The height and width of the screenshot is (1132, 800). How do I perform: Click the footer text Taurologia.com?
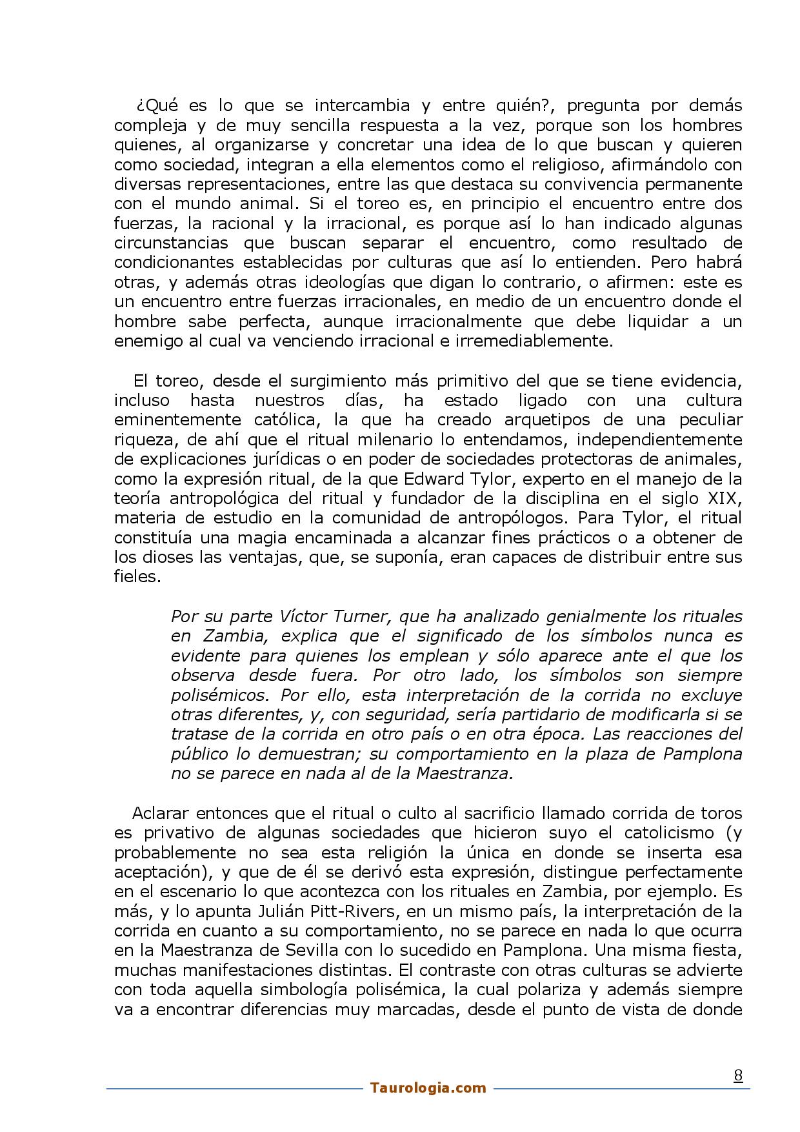point(428,1087)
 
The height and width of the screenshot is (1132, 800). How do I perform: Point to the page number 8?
point(738,1075)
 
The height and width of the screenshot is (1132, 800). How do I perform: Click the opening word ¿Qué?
point(152,105)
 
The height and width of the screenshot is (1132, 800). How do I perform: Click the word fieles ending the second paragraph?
point(136,576)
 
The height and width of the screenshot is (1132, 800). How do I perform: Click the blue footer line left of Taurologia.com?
point(232,1088)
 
